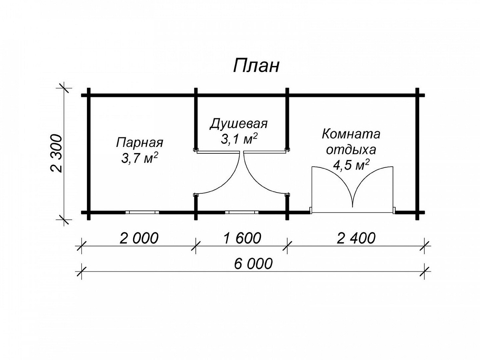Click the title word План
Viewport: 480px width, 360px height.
pos(256,66)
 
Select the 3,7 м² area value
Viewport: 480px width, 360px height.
pos(139,158)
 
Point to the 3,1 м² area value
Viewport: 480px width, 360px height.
pos(239,139)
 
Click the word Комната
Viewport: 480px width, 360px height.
pos(351,134)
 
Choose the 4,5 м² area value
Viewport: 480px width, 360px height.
pos(351,165)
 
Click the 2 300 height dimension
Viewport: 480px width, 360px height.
pos(56,153)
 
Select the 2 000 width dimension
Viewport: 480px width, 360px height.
pos(139,238)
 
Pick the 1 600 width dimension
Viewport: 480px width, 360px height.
pos(242,238)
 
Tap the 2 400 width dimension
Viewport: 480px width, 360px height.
pos(356,238)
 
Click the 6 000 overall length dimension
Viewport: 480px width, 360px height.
pos(253,263)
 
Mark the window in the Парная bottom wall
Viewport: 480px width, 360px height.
pos(142,212)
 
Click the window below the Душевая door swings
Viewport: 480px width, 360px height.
pos(242,212)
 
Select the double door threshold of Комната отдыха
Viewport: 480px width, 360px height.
pos(352,212)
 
